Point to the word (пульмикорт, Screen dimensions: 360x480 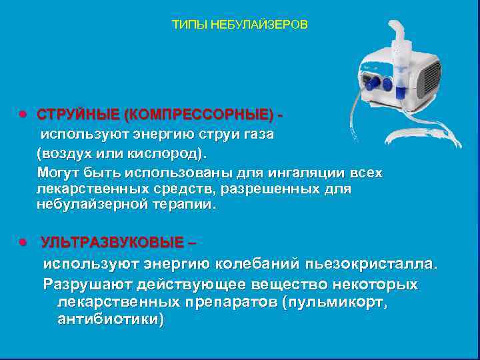pos(334,303)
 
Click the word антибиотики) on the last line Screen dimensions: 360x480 pos(111,320)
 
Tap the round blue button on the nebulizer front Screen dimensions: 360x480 pos(387,83)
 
